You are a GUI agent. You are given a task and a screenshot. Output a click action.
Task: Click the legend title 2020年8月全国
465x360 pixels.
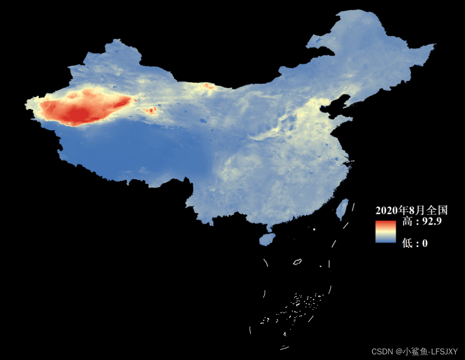[x=411, y=210]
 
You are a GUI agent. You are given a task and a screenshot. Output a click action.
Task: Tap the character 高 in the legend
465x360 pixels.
[x=407, y=222]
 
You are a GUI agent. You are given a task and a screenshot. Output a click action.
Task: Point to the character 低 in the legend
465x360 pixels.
[x=407, y=243]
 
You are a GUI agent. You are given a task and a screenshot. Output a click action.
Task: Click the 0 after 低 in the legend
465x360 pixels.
[x=425, y=243]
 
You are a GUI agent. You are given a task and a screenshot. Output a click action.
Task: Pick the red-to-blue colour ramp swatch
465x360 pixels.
[x=385, y=232]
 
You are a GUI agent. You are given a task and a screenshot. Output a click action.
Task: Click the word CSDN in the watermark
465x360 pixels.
[x=381, y=351]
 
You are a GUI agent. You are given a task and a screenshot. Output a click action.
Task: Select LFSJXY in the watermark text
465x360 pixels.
[x=444, y=351]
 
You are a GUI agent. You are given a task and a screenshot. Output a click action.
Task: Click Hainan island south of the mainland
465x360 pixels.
[x=267, y=239]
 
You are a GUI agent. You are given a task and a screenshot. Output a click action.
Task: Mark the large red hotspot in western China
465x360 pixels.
[x=84, y=108]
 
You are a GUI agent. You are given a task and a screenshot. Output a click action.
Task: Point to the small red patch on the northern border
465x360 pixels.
[x=208, y=86]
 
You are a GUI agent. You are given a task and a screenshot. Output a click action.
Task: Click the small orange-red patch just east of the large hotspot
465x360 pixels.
[x=151, y=111]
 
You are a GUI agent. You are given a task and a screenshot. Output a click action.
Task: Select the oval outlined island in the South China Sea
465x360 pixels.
[x=297, y=262]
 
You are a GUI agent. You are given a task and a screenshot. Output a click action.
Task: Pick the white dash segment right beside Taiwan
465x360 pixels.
[x=353, y=207]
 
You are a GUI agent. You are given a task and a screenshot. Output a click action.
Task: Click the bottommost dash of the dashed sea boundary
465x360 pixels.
[x=285, y=348]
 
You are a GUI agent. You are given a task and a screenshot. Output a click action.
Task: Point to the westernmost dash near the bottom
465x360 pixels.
[x=250, y=330]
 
